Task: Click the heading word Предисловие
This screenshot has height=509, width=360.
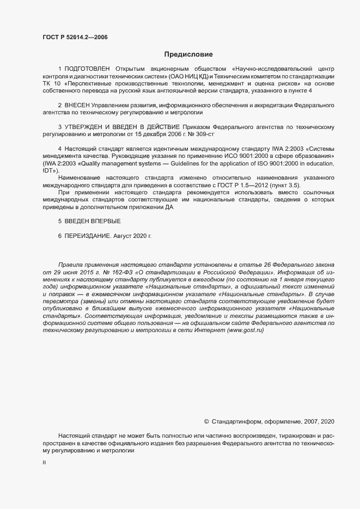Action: click(188, 54)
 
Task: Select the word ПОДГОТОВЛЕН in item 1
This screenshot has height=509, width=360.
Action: click(87, 70)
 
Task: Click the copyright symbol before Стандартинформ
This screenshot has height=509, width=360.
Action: click(206, 422)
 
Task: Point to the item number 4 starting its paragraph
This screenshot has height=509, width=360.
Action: click(60, 149)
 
